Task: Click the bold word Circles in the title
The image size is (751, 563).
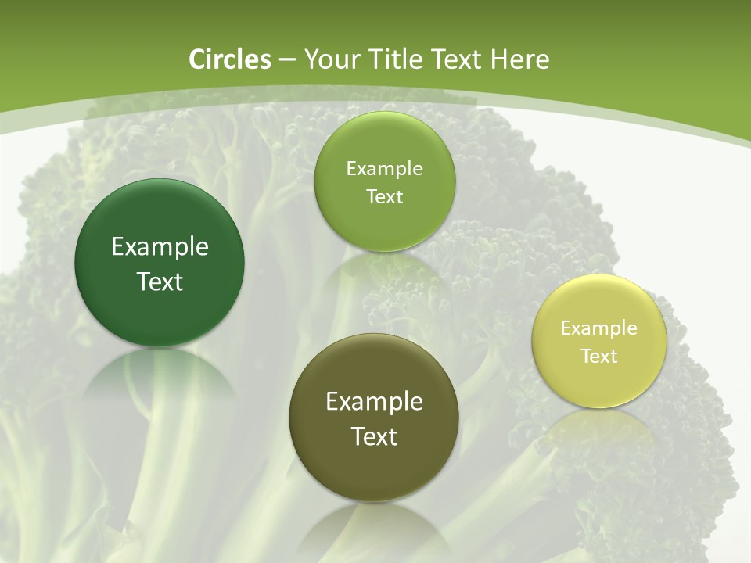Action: click(x=229, y=59)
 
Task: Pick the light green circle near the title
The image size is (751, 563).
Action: click(x=384, y=223)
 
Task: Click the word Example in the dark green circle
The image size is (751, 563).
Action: click(x=160, y=247)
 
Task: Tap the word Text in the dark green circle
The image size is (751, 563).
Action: click(x=160, y=281)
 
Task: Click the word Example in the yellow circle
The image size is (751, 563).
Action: click(x=599, y=328)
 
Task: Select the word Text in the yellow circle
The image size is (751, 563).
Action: click(x=599, y=357)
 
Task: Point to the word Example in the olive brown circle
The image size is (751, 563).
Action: click(x=374, y=402)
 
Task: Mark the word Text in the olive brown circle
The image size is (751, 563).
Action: click(x=374, y=436)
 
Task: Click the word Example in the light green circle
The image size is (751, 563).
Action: click(x=384, y=168)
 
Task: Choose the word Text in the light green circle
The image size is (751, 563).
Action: click(x=384, y=197)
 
